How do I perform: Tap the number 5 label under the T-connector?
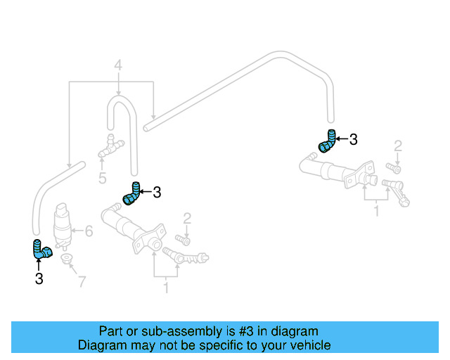pyautogui.click(x=103, y=178)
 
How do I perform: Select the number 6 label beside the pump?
pyautogui.click(x=89, y=230)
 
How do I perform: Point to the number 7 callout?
pyautogui.click(x=82, y=282)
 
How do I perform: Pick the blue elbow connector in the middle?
pyautogui.click(x=131, y=193)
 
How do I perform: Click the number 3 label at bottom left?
pyautogui.click(x=39, y=279)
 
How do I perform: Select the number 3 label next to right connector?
pyautogui.click(x=353, y=140)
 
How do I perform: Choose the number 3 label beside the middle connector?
pyautogui.click(x=157, y=191)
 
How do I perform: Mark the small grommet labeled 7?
pyautogui.click(x=67, y=262)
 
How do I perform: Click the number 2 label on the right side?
pyautogui.click(x=398, y=146)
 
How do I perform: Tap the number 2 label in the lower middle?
pyautogui.click(x=187, y=218)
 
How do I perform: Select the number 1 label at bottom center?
pyautogui.click(x=166, y=287)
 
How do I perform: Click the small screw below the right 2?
pyautogui.click(x=393, y=168)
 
